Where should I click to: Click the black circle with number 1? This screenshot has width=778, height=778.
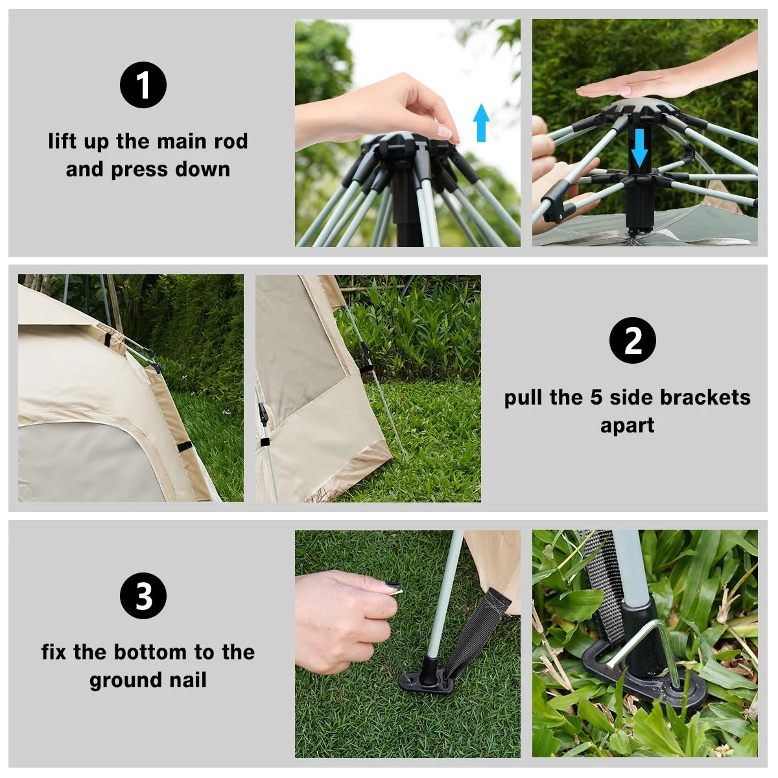point(143,85)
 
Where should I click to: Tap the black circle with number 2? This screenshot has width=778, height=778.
point(633,340)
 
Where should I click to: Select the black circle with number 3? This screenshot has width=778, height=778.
point(143,596)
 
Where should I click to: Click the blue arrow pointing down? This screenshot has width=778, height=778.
point(639,147)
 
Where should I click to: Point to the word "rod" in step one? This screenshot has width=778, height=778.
point(231,141)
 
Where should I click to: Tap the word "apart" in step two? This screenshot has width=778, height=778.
point(627,425)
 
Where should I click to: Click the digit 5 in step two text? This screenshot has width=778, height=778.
point(596,397)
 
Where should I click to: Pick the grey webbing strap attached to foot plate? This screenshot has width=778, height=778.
point(477,629)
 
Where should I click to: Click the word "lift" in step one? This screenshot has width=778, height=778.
point(62,141)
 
